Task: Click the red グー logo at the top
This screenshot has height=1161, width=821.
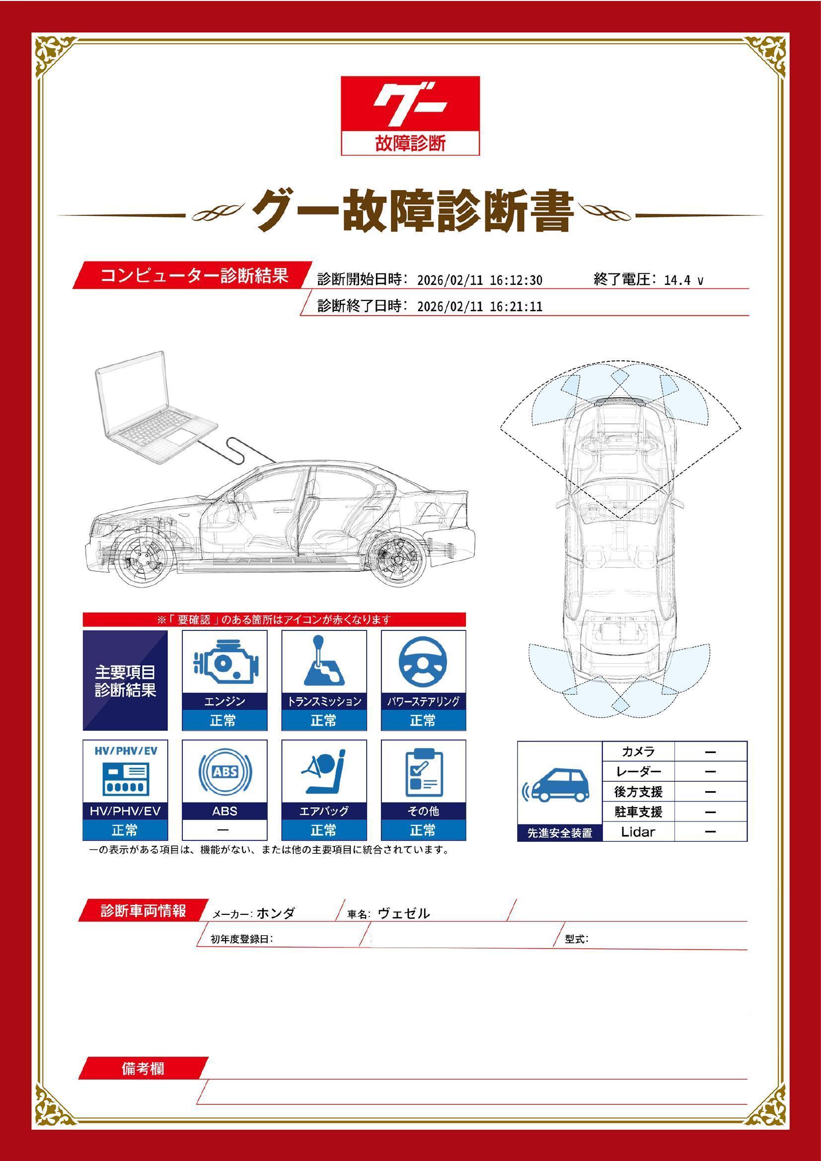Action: tap(410, 115)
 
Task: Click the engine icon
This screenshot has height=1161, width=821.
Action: tap(224, 661)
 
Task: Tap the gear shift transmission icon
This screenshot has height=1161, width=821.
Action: tap(323, 660)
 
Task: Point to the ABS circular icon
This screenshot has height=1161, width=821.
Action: tap(224, 772)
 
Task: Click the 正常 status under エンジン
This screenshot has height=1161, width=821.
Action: tap(224, 721)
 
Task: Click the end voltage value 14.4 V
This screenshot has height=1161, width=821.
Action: tap(683, 280)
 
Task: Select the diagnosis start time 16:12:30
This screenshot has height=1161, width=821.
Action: tap(516, 280)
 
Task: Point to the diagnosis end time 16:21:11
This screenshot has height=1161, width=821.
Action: tap(516, 306)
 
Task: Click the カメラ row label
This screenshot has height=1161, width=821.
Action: tap(638, 751)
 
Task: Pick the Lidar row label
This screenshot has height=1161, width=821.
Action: tap(638, 832)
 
